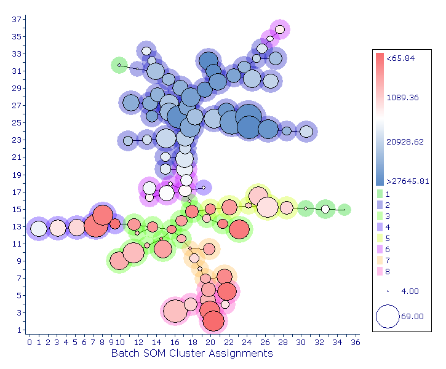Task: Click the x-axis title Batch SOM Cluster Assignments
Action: pos(192,354)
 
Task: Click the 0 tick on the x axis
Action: pos(29,342)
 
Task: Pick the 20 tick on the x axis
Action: pos(210,342)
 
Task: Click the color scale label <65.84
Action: pos(400,58)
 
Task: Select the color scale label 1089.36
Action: pos(403,97)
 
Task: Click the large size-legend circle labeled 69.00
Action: pos(388,316)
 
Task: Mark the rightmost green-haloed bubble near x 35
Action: pos(344,210)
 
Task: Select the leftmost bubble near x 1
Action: pos(38,229)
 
